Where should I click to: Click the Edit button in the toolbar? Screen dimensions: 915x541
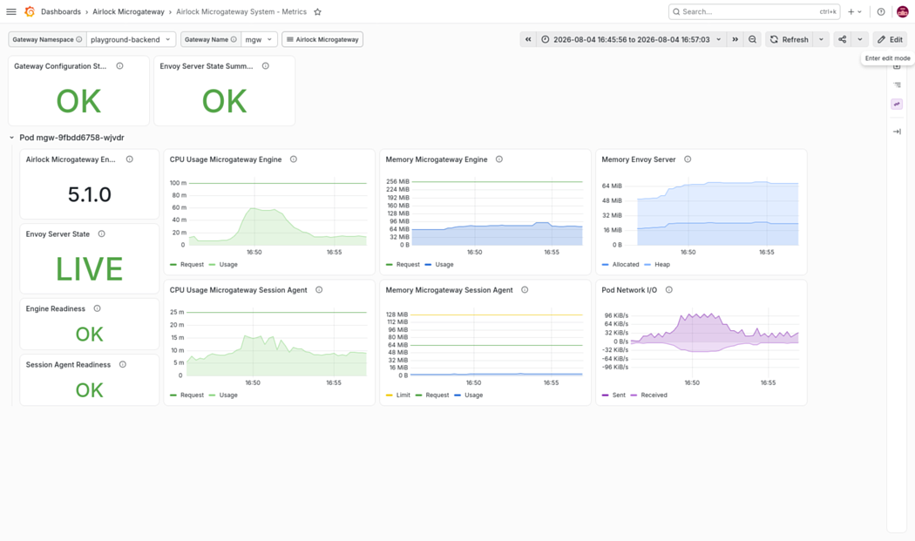coord(890,40)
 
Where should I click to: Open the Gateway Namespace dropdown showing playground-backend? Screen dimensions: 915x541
coord(131,40)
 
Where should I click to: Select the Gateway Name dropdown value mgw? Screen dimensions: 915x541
coord(259,40)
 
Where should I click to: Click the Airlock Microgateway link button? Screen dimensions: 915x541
coord(322,40)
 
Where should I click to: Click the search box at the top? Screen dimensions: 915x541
coord(754,11)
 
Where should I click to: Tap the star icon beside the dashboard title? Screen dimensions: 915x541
coord(317,11)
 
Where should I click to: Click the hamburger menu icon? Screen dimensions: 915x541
coord(11,11)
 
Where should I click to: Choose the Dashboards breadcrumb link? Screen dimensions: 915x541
coord(61,11)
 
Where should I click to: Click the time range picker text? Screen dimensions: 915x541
coord(632,40)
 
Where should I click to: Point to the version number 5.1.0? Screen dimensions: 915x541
coord(89,194)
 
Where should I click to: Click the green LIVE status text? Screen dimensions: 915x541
coord(89,269)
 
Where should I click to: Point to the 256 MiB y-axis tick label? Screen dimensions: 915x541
coord(397,181)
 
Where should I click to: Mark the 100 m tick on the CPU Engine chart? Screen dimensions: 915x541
coord(178,183)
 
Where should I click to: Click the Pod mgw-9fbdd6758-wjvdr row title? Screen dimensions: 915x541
coord(71,138)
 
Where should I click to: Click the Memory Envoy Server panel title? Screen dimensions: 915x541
coord(639,159)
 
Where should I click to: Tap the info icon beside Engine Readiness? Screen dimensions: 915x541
coord(97,308)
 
